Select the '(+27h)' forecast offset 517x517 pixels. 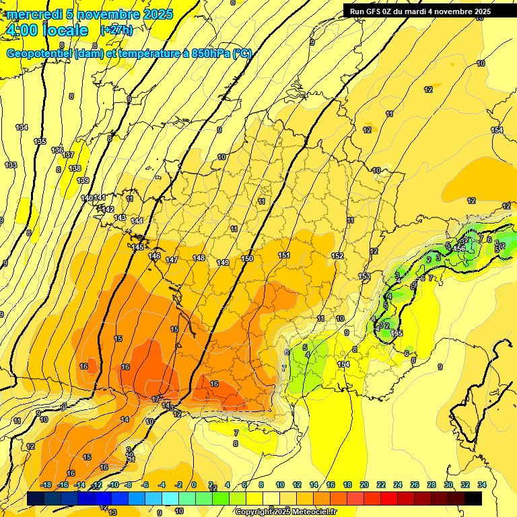click(x=116, y=30)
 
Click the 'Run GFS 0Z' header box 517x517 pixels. click(x=420, y=11)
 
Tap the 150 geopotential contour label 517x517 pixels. click(x=247, y=258)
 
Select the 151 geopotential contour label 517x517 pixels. click(x=284, y=255)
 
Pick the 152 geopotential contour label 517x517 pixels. click(x=337, y=256)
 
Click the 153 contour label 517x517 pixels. click(x=364, y=277)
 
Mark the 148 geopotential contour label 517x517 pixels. click(x=199, y=258)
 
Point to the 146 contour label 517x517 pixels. click(x=154, y=256)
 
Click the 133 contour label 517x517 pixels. click(x=11, y=165)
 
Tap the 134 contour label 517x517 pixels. click(x=22, y=127)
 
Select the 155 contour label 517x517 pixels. click(x=397, y=333)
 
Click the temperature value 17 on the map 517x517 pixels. click(x=156, y=399)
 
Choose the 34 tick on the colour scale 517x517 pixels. click(x=482, y=485)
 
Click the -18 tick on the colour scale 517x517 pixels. click(x=46, y=485)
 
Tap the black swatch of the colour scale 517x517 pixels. click(x=473, y=498)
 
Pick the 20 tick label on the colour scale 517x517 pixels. click(x=364, y=485)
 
